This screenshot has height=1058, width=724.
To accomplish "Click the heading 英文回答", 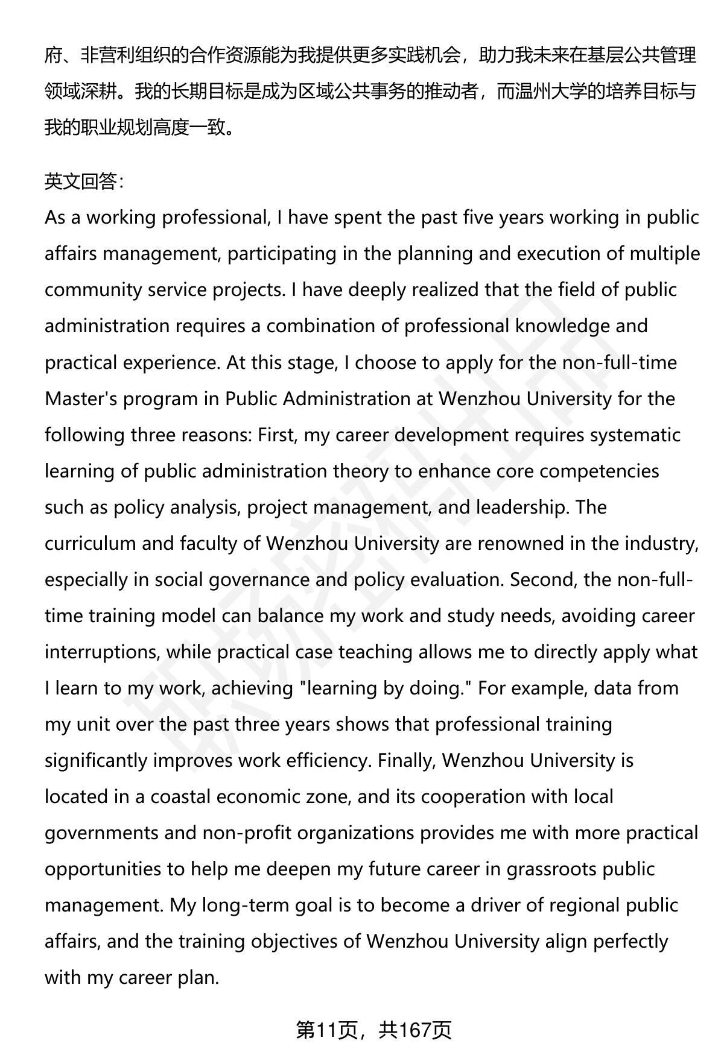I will [84, 181].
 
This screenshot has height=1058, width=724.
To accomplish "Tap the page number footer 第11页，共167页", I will [373, 1030].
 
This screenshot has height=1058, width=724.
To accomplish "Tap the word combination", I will [318, 326].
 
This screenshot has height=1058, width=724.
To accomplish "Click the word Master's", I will [81, 398].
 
